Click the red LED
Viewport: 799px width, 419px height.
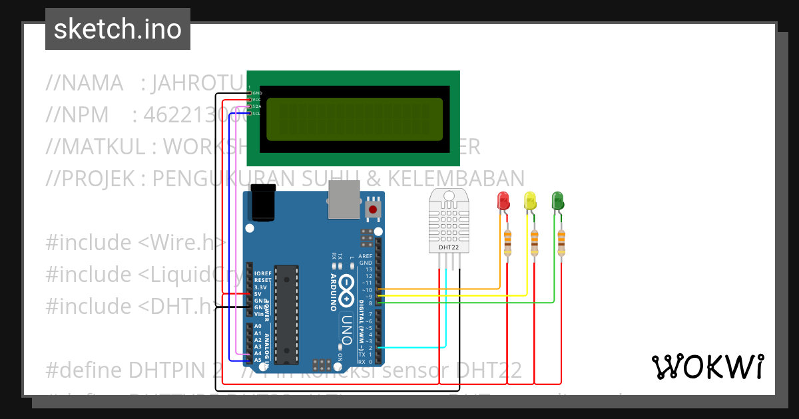503,200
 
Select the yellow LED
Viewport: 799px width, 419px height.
530,200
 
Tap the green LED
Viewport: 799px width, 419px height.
557,200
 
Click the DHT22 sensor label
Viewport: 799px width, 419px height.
448,248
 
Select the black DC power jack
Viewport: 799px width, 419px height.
263,204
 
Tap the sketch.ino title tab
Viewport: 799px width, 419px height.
118,29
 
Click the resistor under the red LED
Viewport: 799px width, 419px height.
508,243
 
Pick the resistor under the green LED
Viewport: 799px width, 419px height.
561,243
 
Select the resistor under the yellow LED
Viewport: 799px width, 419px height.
535,243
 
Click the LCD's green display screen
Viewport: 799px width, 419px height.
354,120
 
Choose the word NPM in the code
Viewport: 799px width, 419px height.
86,115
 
